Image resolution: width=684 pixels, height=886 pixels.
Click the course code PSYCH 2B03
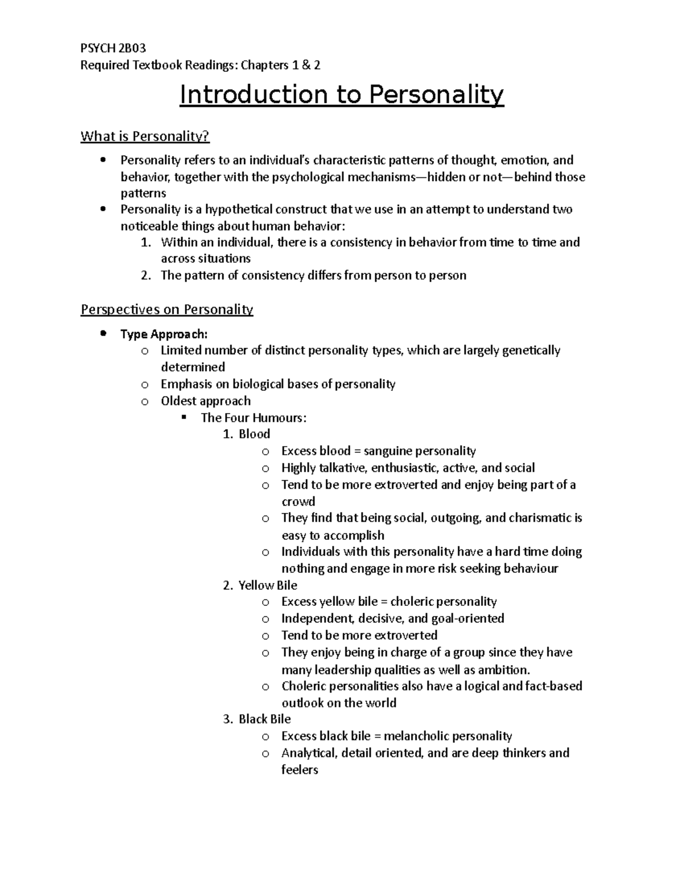[x=113, y=48]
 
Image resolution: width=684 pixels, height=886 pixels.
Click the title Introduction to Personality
[x=342, y=95]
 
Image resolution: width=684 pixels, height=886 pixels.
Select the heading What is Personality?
[x=145, y=136]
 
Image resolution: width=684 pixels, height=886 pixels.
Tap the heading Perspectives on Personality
[x=166, y=310]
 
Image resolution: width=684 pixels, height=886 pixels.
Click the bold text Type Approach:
[x=164, y=334]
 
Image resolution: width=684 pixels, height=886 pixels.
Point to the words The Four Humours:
[x=254, y=418]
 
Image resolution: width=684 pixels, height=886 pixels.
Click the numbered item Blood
[x=254, y=434]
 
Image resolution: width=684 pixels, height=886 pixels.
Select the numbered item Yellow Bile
[x=267, y=585]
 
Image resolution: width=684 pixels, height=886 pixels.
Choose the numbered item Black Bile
[x=264, y=719]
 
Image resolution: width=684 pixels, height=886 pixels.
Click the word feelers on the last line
[x=299, y=770]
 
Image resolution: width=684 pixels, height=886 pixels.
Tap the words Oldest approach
[x=205, y=401]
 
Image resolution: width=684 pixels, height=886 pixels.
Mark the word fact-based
[x=553, y=686]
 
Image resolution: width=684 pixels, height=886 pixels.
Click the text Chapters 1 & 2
[x=280, y=65]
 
